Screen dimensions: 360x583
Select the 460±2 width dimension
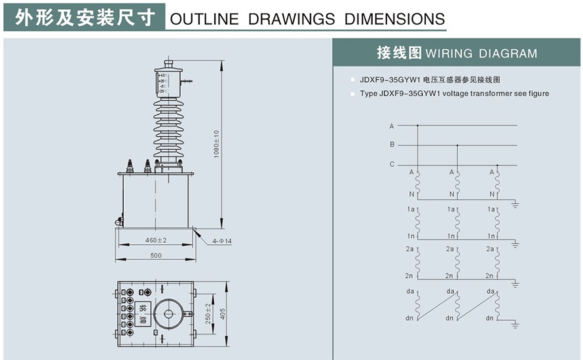156,240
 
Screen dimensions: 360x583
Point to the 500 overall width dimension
155,255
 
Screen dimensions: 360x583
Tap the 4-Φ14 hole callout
222,241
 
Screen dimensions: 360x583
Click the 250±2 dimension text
208,313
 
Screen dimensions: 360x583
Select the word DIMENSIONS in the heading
395,19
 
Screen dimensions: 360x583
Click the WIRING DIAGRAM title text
481,54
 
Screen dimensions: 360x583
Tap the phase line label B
392,145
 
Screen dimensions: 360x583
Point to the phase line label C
392,164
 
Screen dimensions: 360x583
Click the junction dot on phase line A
417,125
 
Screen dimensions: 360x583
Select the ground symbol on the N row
515,204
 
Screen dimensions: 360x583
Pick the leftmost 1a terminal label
411,209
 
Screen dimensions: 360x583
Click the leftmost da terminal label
411,292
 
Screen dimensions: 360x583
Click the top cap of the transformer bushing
168,65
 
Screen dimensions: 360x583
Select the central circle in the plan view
168,314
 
